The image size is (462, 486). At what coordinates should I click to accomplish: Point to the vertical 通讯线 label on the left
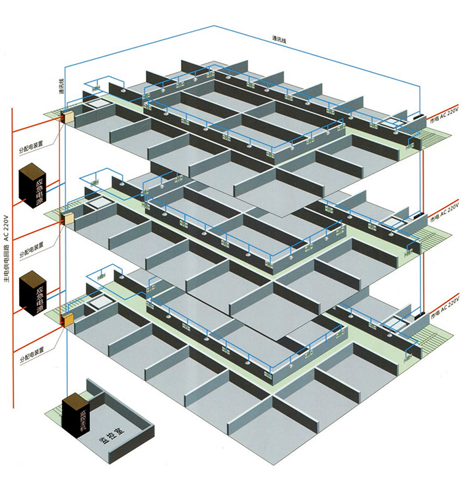pyautogui.click(x=61, y=88)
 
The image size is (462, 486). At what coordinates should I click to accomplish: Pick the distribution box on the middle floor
pyautogui.click(x=67, y=217)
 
